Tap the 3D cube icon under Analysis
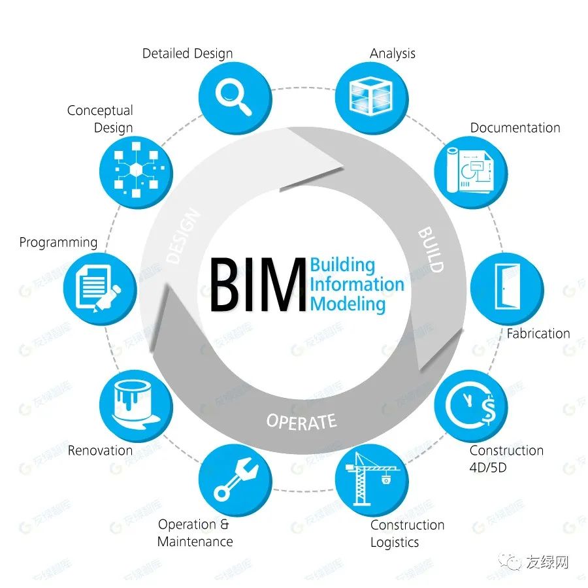[371, 95]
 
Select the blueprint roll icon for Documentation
[470, 171]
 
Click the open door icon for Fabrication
[508, 287]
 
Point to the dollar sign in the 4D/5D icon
[489, 410]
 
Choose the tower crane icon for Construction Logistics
[372, 479]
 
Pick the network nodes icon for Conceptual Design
[136, 170]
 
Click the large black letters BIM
[258, 285]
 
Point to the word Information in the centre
[357, 284]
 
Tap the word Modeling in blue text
[348, 304]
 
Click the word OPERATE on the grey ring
[301, 421]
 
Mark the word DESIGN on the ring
[184, 236]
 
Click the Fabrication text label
[538, 333]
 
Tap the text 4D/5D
[488, 467]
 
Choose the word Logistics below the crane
[395, 542]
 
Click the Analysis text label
[393, 54]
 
